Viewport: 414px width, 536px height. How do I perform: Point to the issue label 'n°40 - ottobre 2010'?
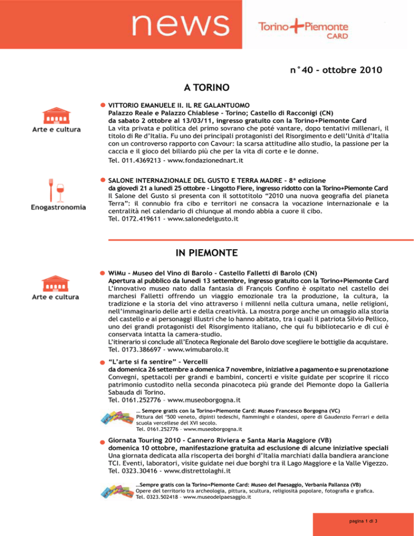click(x=329, y=70)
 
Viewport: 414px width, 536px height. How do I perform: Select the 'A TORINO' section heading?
click(x=207, y=87)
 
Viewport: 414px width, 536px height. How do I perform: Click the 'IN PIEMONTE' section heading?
click(x=207, y=252)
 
